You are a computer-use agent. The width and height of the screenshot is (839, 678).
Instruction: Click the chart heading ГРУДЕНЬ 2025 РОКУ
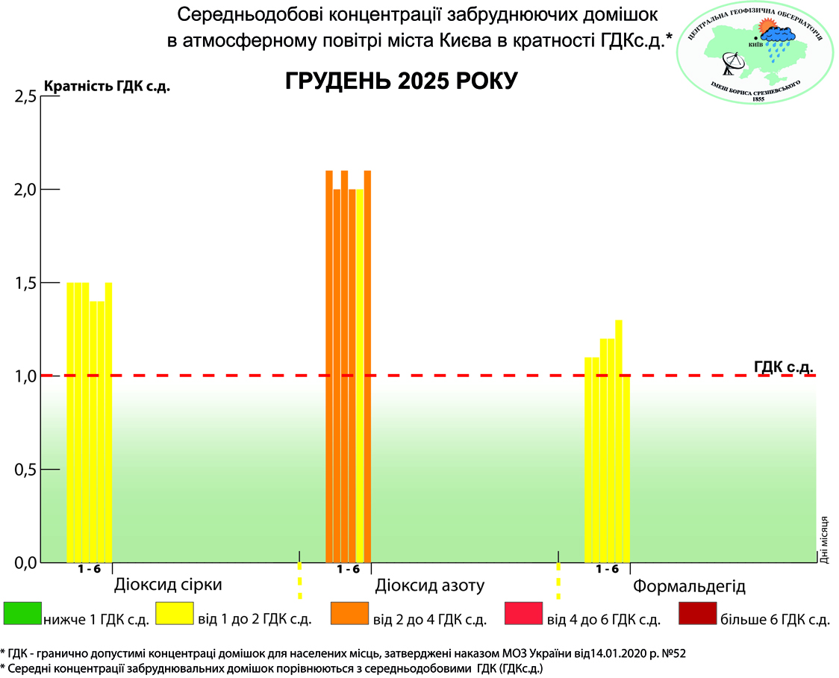coord(401,81)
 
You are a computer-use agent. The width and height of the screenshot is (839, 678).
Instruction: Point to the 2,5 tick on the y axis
coord(25,96)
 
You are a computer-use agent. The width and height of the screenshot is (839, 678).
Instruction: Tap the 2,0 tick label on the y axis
coord(25,190)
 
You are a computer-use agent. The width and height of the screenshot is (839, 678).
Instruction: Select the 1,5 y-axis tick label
coord(25,283)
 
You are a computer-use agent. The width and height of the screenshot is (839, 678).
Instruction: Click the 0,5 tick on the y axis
coord(25,470)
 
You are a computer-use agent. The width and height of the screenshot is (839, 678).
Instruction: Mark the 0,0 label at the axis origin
coord(25,562)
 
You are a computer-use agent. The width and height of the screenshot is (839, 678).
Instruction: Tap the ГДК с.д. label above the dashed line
coord(783,366)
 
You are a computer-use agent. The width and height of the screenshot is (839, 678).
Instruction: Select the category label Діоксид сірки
coord(168,584)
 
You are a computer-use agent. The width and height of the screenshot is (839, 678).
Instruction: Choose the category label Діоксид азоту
coord(430,585)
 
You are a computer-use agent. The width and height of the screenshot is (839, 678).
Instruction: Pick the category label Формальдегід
coord(689,585)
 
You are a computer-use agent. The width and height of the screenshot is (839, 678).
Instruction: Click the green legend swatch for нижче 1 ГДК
coord(22,614)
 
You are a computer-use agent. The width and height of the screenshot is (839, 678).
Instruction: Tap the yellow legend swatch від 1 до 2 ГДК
coord(174,614)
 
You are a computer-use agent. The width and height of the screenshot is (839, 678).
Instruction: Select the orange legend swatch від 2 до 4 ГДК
coord(349,614)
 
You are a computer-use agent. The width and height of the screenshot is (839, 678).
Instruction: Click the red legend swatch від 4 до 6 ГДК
coord(523,614)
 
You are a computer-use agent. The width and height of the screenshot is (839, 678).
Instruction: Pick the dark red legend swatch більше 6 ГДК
coord(697,614)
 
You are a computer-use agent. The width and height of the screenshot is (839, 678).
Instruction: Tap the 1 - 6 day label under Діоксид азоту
coord(348,569)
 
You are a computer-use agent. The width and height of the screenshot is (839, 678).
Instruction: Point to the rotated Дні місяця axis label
coord(825,537)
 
